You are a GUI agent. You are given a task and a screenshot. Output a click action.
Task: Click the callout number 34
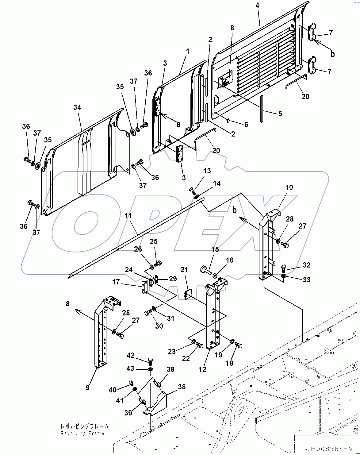point(77,107)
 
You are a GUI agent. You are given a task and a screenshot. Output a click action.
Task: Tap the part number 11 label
point(128,216)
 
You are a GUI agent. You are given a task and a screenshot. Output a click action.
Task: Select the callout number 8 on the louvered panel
point(232,28)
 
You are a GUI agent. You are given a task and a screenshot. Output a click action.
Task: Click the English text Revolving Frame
point(82,434)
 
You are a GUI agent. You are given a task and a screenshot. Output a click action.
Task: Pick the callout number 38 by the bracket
point(182,387)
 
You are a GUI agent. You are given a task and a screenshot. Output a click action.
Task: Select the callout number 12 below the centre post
point(202,369)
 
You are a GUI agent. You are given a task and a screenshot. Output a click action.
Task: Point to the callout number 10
point(289,187)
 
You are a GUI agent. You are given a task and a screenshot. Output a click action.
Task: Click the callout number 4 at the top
point(257,5)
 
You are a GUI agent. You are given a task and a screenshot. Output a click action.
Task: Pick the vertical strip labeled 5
point(262,109)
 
